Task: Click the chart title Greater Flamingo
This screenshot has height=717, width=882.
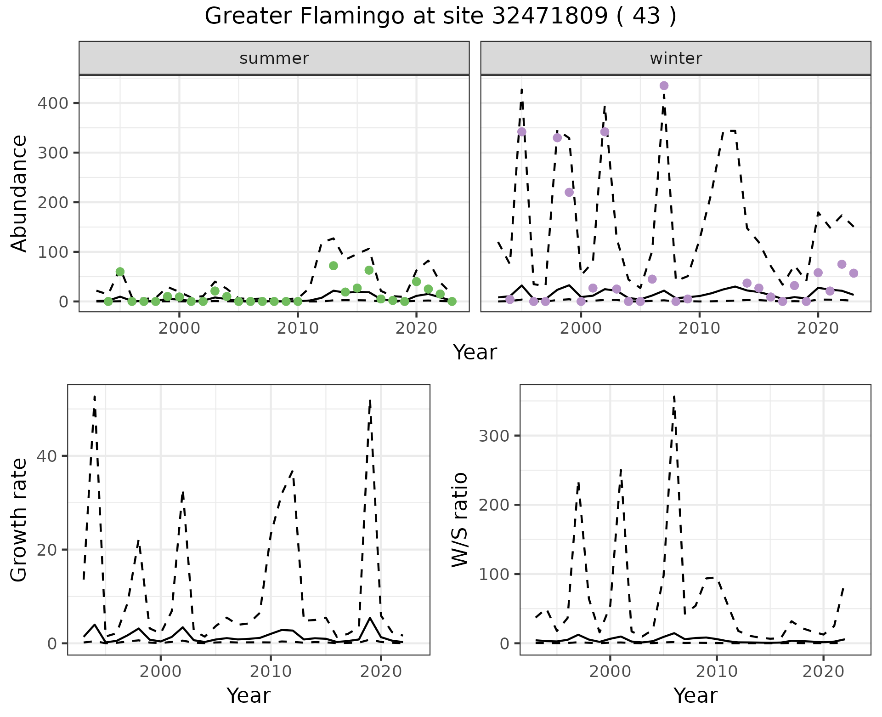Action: (x=440, y=17)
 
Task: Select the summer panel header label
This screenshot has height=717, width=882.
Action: (x=274, y=58)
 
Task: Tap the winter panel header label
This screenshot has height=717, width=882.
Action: (x=675, y=58)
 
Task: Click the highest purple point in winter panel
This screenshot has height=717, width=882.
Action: (x=664, y=85)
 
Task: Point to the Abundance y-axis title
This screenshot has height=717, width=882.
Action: (x=19, y=193)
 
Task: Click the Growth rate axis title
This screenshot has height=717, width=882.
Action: (x=19, y=520)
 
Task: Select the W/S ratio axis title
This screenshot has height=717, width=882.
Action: (x=460, y=520)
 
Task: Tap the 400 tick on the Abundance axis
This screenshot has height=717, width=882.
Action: (x=52, y=103)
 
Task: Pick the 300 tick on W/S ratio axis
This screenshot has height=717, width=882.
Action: (x=494, y=436)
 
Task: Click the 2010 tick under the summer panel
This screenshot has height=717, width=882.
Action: (x=298, y=328)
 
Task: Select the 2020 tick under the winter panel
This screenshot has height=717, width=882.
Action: (x=818, y=328)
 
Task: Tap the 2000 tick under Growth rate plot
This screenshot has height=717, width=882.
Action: (x=160, y=671)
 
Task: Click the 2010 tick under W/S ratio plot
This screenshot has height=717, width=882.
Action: (x=717, y=671)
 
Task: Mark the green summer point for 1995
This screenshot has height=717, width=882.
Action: (x=120, y=272)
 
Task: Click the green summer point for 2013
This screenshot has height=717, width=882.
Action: (x=334, y=266)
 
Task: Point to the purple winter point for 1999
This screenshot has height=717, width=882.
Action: (x=569, y=192)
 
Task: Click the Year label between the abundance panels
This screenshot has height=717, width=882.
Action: (x=475, y=353)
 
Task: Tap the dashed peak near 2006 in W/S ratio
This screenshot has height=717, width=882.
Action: (x=673, y=396)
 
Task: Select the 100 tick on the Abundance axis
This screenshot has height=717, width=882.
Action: (x=52, y=252)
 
